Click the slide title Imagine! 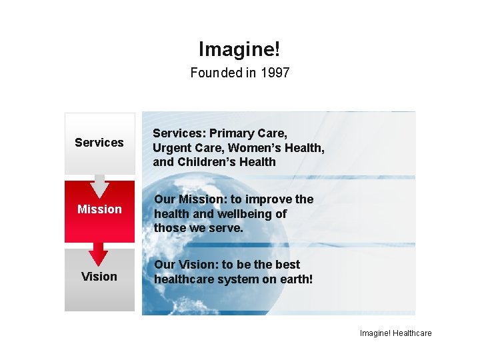click(x=239, y=49)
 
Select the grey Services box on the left click(x=99, y=142)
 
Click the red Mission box click(x=99, y=210)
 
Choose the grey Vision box click(x=99, y=277)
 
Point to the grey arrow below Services click(x=99, y=183)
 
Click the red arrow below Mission click(x=99, y=252)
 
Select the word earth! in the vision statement click(x=295, y=279)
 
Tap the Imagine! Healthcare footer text click(x=396, y=333)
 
